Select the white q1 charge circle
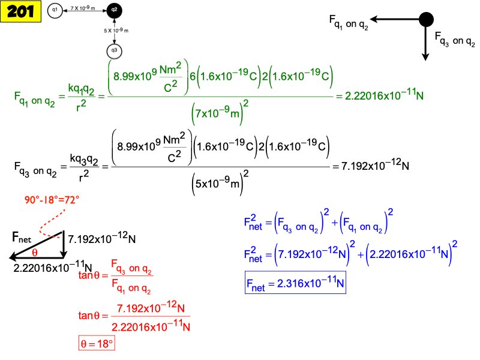[55, 10]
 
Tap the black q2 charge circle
[114, 10]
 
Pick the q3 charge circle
[114, 51]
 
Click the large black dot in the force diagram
[426, 19]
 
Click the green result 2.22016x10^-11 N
[389, 96]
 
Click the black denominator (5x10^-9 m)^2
[221, 183]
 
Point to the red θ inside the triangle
[35, 252]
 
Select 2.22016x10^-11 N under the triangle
[53, 268]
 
